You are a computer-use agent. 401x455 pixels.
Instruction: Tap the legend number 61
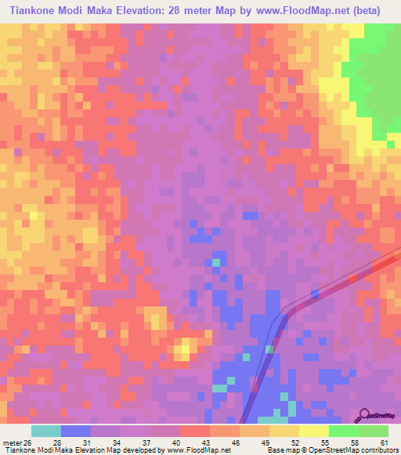384,442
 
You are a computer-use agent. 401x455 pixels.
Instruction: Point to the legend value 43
197,442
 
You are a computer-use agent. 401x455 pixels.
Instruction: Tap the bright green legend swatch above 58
343,431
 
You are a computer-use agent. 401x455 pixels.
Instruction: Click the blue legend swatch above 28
76,431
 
